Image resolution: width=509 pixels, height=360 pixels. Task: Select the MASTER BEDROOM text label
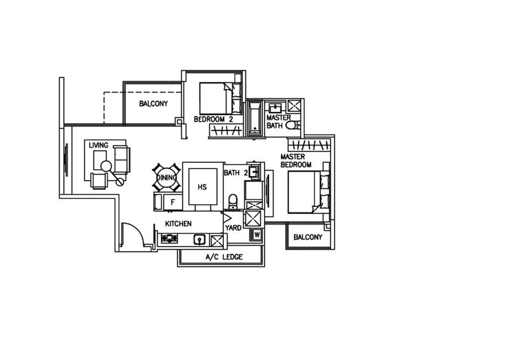296,160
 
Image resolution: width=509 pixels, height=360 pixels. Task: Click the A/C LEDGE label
223,257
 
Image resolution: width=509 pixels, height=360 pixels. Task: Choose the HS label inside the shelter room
203,187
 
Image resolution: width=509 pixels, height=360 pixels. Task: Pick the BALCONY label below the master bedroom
308,237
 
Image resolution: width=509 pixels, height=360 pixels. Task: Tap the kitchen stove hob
170,240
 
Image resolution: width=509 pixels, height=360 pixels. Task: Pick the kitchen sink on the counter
199,240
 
